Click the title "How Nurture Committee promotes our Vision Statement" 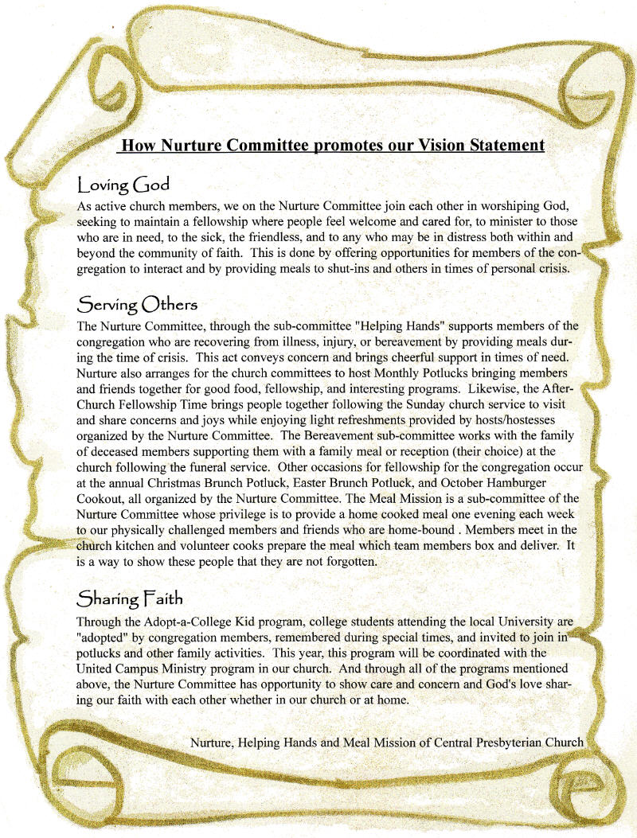(x=331, y=146)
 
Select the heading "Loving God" (x=123, y=185)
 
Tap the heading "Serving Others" (x=137, y=305)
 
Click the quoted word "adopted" (x=105, y=637)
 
